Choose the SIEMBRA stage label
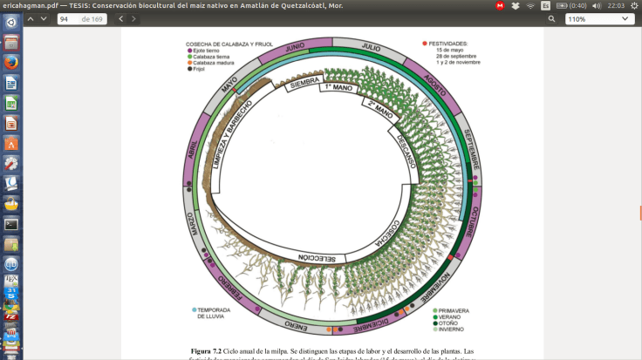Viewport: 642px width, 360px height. [x=305, y=83]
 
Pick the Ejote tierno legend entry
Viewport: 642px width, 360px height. [x=208, y=50]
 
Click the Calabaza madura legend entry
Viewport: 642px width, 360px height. [x=214, y=62]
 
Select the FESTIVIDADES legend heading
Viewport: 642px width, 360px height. [x=452, y=43]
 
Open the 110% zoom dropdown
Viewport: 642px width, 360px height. [x=599, y=18]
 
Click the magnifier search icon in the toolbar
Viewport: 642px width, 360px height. [x=551, y=18]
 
